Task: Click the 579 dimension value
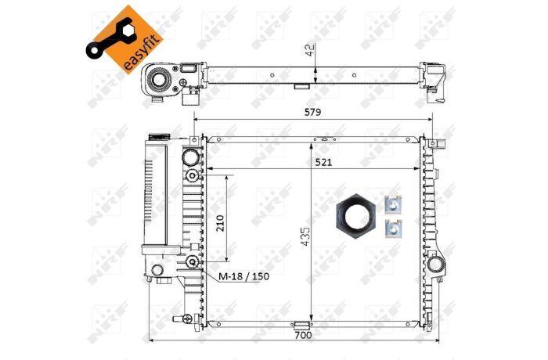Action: (312, 112)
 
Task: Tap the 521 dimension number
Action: (323, 162)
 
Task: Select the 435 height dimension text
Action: (305, 236)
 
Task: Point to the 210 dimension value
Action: (220, 223)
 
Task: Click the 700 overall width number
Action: (303, 335)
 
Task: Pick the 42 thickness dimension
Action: (311, 49)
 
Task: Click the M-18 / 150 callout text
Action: (244, 276)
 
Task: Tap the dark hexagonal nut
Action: (355, 216)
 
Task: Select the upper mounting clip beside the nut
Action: (393, 204)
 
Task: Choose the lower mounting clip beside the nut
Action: (393, 229)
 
